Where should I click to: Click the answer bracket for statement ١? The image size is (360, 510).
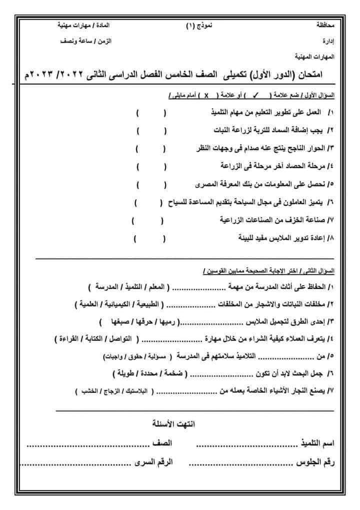click(x=151, y=114)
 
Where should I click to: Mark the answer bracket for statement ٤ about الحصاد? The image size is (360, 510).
click(x=150, y=165)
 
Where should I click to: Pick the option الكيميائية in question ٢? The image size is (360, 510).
click(x=122, y=304)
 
